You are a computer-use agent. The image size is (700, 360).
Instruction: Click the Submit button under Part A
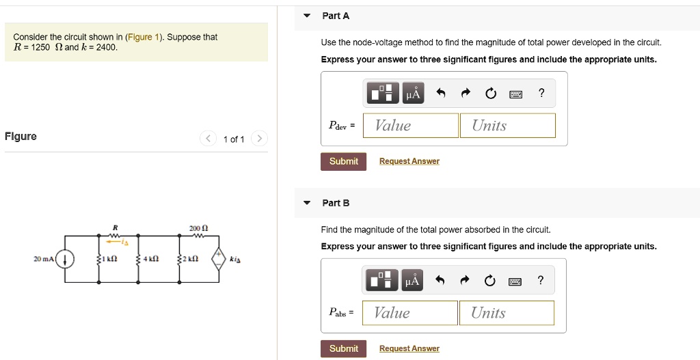pyautogui.click(x=343, y=161)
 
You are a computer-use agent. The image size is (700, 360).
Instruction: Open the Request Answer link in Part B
pyautogui.click(x=409, y=348)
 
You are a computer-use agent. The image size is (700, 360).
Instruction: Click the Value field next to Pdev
pyautogui.click(x=410, y=126)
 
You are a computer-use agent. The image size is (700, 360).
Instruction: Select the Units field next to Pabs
pyautogui.click(x=506, y=313)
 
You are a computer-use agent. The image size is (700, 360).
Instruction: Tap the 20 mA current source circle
pyautogui.click(x=65, y=260)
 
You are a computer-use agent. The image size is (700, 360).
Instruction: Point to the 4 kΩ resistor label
pyautogui.click(x=151, y=260)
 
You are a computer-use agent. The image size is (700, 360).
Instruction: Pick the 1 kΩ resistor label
pyautogui.click(x=110, y=260)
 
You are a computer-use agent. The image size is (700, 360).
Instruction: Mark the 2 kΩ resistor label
pyautogui.click(x=191, y=260)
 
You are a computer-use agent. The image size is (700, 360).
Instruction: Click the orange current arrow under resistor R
pyautogui.click(x=118, y=241)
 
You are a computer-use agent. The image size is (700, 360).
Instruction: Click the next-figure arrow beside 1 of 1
pyautogui.click(x=259, y=139)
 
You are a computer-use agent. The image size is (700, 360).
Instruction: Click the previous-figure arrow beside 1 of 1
pyautogui.click(x=208, y=139)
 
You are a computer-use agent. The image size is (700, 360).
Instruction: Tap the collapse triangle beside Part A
pyautogui.click(x=307, y=16)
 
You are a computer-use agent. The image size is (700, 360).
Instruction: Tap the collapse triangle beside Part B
pyautogui.click(x=307, y=203)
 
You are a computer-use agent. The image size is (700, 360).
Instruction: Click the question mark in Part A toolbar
pyautogui.click(x=541, y=94)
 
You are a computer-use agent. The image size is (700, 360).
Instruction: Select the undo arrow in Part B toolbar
pyautogui.click(x=440, y=281)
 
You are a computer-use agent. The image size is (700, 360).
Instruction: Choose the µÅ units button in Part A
pyautogui.click(x=412, y=94)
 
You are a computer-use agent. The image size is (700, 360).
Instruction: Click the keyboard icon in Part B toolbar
pyautogui.click(x=515, y=281)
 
